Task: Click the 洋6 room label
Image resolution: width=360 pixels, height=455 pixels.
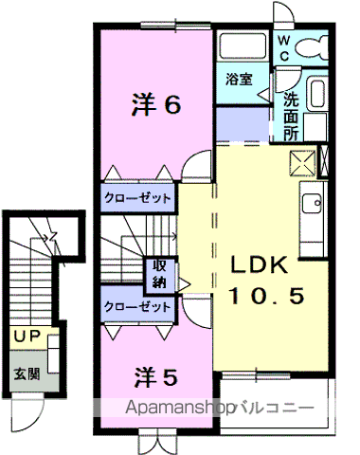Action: (154, 105)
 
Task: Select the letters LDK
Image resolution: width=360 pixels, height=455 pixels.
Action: (266, 265)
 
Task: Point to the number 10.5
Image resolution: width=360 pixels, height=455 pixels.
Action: (265, 297)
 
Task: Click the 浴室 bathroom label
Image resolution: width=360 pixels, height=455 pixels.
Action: (239, 80)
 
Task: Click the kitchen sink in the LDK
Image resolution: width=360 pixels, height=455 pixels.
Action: (311, 202)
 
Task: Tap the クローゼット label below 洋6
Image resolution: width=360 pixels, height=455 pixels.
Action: (138, 199)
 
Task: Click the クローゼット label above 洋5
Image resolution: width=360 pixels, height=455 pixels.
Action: (138, 307)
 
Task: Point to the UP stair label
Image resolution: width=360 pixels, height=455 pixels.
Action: (27, 337)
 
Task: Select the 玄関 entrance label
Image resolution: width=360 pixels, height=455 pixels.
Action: (27, 373)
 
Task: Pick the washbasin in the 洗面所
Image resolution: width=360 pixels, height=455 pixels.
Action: (315, 96)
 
